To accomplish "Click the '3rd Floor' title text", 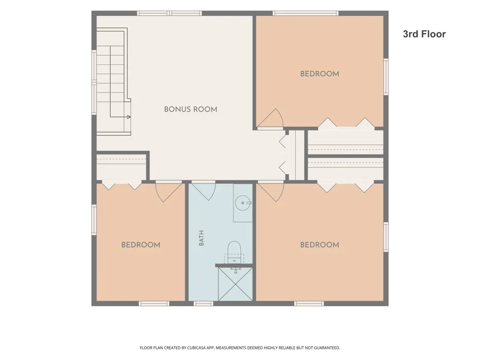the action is click(x=424, y=34).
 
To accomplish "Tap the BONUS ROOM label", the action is click(x=191, y=109).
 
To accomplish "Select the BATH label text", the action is click(x=202, y=238).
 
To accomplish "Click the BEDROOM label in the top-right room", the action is click(x=320, y=74).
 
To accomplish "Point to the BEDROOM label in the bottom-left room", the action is click(x=141, y=245).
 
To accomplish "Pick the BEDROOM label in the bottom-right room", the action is click(x=320, y=245).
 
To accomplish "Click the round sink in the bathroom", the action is click(x=243, y=203).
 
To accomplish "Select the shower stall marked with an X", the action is click(x=235, y=284).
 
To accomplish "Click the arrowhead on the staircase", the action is click(x=129, y=117).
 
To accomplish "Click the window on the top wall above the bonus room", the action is click(x=169, y=13).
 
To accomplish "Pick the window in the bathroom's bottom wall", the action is click(x=203, y=304).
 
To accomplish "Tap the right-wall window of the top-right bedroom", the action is click(x=386, y=76).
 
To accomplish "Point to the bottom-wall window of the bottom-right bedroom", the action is click(x=309, y=304).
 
